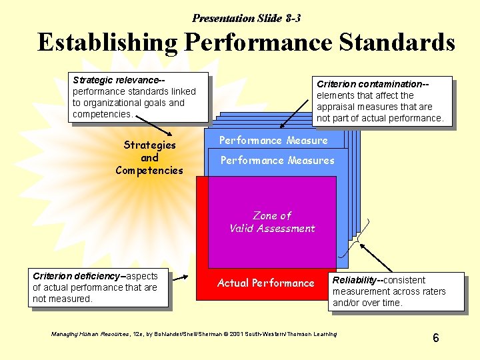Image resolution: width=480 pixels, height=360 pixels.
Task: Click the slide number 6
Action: coord(435,338)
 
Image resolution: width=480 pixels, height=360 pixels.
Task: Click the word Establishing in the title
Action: coord(107,43)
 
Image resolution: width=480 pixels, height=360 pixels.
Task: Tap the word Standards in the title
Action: coord(397,43)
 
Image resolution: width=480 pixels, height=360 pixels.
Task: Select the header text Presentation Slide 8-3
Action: coord(251,19)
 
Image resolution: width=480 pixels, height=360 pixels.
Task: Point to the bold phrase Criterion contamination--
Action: coord(372,84)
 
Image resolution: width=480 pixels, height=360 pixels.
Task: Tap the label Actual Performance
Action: coord(265,283)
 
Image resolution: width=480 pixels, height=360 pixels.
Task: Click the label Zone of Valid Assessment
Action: coord(272,222)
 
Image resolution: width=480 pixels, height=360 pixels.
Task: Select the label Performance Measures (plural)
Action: coord(277,160)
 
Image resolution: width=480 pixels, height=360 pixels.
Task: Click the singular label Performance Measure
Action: coord(273,141)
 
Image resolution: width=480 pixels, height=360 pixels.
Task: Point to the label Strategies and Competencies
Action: coord(149,157)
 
